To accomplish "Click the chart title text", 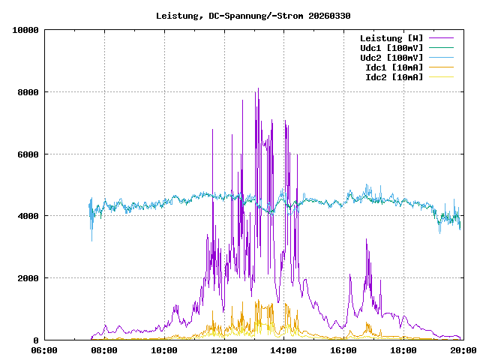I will (x=253, y=16).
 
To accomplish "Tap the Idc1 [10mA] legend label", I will (x=394, y=67).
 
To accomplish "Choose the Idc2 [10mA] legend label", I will (x=394, y=77).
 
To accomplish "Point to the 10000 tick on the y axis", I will (x=26, y=30).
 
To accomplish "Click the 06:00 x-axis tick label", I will (x=44, y=350).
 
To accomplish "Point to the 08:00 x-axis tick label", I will (x=104, y=350).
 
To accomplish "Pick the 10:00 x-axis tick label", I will (x=164, y=350).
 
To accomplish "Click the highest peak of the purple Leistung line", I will (x=258, y=88).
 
